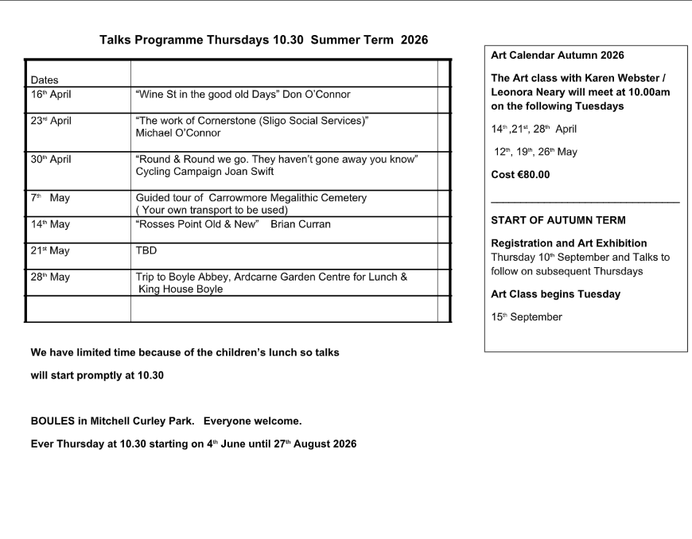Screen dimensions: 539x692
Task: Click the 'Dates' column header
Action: pos(45,79)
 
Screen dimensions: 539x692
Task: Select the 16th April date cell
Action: pos(51,94)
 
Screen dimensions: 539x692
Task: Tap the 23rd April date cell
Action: pos(51,122)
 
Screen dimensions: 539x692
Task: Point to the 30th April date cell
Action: pos(51,160)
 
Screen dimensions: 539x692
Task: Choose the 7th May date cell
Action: pos(50,198)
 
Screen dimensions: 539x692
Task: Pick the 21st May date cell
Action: pos(50,251)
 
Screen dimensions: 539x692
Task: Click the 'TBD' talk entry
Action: pos(146,251)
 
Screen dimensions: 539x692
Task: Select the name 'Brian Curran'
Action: pos(301,224)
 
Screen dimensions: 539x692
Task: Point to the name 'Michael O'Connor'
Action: pos(178,133)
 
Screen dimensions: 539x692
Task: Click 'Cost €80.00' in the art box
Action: pos(520,175)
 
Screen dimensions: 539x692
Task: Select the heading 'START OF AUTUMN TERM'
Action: pos(558,220)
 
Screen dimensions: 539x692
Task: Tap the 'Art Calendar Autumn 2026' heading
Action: pos(558,56)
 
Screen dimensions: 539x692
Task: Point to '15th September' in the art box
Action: pos(527,317)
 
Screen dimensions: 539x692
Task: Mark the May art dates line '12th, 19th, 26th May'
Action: pos(535,152)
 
